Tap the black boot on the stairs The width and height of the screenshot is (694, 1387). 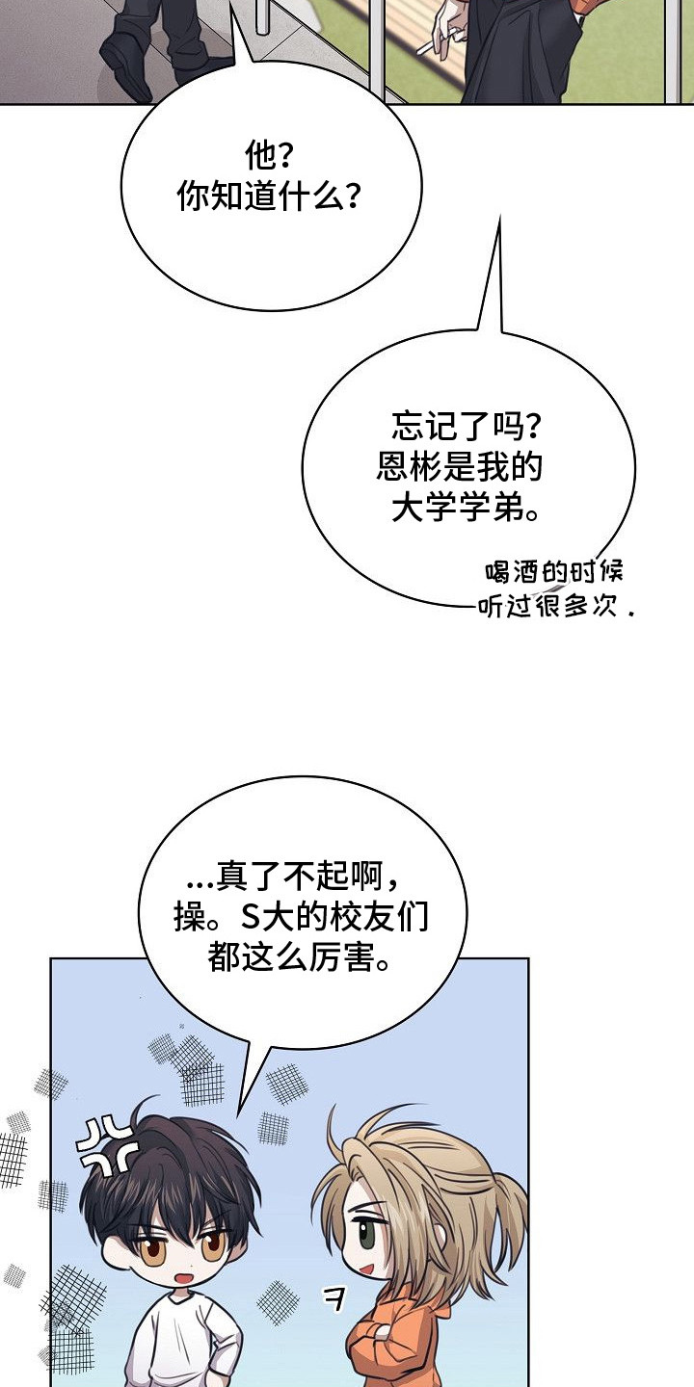pos(127,59)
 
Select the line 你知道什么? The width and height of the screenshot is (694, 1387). pos(270,196)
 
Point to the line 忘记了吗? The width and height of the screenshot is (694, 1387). pos(467,427)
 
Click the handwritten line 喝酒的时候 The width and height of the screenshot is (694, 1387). pos(553,573)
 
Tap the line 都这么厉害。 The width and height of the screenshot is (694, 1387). pos(300,958)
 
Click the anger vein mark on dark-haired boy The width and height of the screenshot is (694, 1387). pos(105,1145)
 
